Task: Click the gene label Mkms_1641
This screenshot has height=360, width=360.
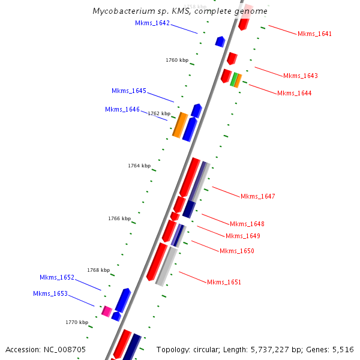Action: pyautogui.click(x=314, y=34)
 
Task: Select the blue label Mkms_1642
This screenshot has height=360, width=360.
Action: pyautogui.click(x=152, y=23)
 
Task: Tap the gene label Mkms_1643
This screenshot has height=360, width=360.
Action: pyautogui.click(x=301, y=76)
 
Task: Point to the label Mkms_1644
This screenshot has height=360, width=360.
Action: pyautogui.click(x=294, y=94)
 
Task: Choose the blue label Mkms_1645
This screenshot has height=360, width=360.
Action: pyautogui.click(x=129, y=91)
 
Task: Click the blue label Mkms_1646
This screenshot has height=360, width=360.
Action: pyautogui.click(x=122, y=110)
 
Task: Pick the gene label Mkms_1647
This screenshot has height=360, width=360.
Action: pyautogui.click(x=258, y=197)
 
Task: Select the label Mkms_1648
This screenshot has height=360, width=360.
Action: pyautogui.click(x=247, y=224)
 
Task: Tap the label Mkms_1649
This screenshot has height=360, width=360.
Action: pyautogui.click(x=243, y=236)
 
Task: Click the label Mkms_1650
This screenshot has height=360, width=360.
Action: pyautogui.click(x=237, y=251)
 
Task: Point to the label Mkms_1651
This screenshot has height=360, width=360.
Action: pyautogui.click(x=224, y=282)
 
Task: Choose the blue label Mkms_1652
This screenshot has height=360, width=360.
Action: pyautogui.click(x=57, y=278)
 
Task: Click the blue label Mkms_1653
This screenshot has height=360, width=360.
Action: pyautogui.click(x=50, y=294)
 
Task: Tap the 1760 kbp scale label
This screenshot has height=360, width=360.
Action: pyautogui.click(x=177, y=60)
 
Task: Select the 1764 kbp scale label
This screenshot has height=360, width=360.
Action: pyautogui.click(x=139, y=166)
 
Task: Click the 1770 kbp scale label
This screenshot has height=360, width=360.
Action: pyautogui.click(x=77, y=322)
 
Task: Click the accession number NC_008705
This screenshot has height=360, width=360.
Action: pyautogui.click(x=46, y=349)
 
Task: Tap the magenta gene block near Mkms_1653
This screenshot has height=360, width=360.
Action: pyautogui.click(x=107, y=311)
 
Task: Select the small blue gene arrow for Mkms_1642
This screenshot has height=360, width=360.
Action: pyautogui.click(x=220, y=41)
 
